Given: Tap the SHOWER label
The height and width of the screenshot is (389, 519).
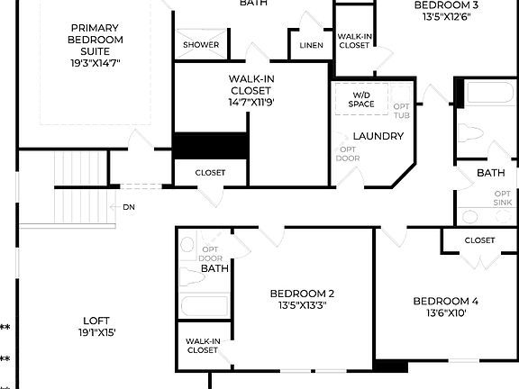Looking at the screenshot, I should (x=200, y=44).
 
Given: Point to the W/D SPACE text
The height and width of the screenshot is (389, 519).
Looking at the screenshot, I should (x=361, y=99).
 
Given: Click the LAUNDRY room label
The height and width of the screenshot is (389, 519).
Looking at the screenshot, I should (x=378, y=136).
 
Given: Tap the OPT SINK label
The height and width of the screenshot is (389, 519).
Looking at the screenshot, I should (x=502, y=198).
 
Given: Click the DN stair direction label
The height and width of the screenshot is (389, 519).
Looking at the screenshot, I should (x=129, y=206).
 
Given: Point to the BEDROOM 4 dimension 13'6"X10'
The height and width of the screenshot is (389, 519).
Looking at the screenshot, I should (x=445, y=313).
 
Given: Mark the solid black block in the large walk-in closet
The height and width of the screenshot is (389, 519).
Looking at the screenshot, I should (x=210, y=146).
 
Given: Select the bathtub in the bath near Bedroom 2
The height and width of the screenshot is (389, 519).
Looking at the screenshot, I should (x=204, y=305).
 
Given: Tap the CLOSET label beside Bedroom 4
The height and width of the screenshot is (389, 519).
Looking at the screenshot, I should (x=478, y=240).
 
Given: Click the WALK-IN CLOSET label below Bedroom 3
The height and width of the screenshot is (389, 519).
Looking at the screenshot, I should (x=353, y=41).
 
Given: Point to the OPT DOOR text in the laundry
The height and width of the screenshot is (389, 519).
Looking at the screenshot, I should (x=347, y=155).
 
